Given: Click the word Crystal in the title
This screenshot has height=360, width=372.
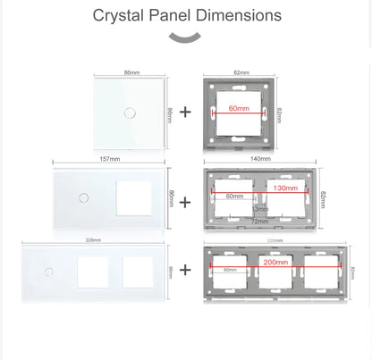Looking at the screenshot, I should coord(121,15).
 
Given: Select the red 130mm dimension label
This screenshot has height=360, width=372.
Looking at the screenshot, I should coord(286,189).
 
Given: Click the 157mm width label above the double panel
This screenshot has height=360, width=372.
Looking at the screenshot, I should coord(110,160).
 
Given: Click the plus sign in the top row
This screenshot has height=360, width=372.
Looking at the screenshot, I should coord(185,113).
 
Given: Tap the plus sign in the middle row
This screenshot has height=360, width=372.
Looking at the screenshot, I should coord(185,202).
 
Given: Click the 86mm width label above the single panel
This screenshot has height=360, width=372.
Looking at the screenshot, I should coord(131,71).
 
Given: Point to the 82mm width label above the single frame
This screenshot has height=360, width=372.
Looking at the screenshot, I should coord(241,71).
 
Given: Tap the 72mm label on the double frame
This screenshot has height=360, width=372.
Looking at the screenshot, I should coord(258,221).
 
